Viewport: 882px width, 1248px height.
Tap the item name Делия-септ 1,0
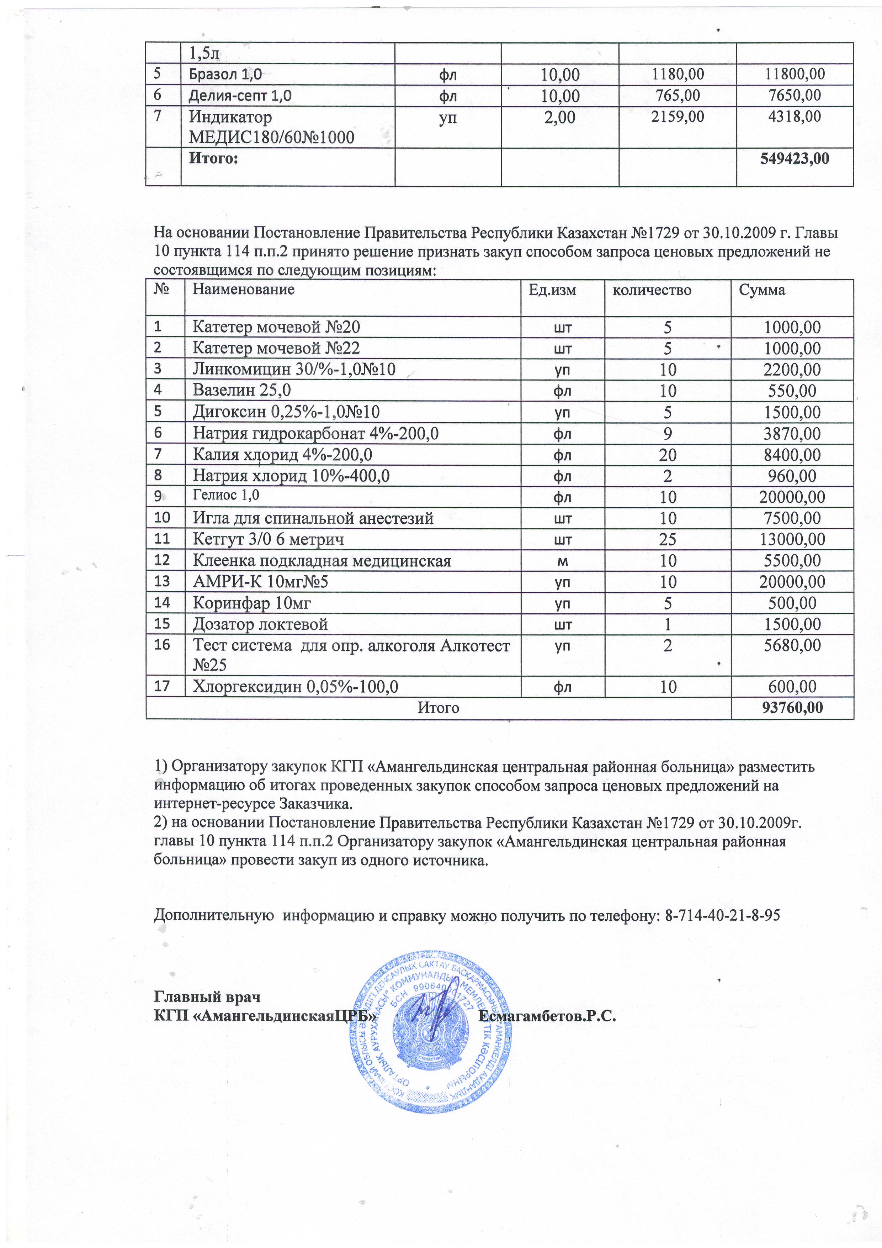coord(240,96)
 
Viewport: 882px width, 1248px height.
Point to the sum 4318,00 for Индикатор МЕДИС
coord(794,116)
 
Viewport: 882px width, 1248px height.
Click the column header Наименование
coord(244,289)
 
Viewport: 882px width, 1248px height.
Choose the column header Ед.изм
coord(552,290)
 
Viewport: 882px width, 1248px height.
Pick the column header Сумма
coord(762,290)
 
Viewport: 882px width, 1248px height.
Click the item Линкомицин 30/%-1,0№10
coord(294,370)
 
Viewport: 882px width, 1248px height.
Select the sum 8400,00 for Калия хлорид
coord(792,455)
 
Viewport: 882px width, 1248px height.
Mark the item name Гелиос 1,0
coord(226,496)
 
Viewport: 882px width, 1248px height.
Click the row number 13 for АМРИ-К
coord(162,582)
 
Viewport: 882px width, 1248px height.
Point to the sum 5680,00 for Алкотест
coord(792,646)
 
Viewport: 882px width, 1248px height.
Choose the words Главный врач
coord(207,997)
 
